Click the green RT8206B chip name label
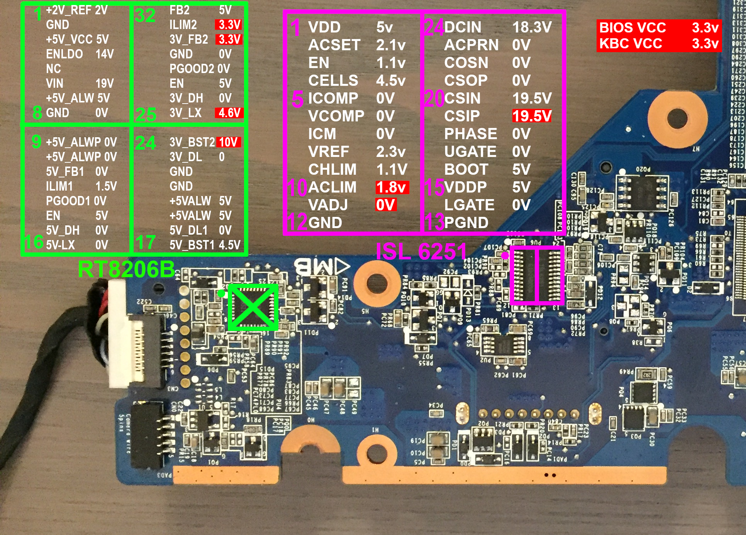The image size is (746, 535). (126, 269)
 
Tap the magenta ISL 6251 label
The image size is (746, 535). (421, 252)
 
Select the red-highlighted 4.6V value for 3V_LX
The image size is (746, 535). (229, 113)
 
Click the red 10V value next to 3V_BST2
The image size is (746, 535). (228, 142)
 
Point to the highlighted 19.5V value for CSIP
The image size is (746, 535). (532, 116)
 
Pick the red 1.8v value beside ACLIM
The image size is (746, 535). (391, 187)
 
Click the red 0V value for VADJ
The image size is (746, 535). (385, 205)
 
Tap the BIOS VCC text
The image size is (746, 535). (632, 28)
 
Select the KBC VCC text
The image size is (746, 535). (631, 44)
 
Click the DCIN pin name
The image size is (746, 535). (463, 27)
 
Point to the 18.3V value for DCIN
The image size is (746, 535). (532, 27)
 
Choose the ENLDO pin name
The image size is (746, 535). (64, 54)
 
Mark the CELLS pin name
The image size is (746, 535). (333, 81)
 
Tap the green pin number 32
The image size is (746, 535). (145, 15)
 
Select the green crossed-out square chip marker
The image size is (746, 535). (253, 307)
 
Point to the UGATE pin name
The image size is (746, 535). (470, 152)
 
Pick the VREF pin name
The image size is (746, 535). (329, 152)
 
